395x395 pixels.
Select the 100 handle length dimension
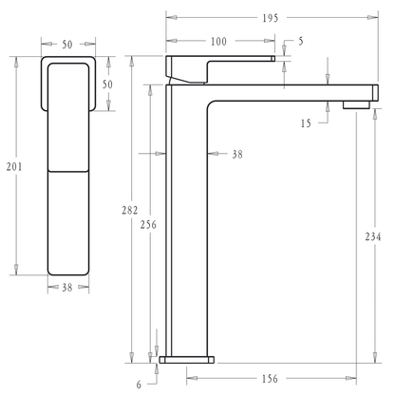(x=218, y=41)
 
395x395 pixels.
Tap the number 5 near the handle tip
(x=300, y=41)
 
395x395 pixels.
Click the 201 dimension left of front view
(x=13, y=167)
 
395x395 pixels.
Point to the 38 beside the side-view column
(x=236, y=154)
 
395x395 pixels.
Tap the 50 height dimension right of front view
(x=107, y=85)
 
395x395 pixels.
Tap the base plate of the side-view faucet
(x=187, y=360)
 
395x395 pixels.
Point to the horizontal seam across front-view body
(x=67, y=171)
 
